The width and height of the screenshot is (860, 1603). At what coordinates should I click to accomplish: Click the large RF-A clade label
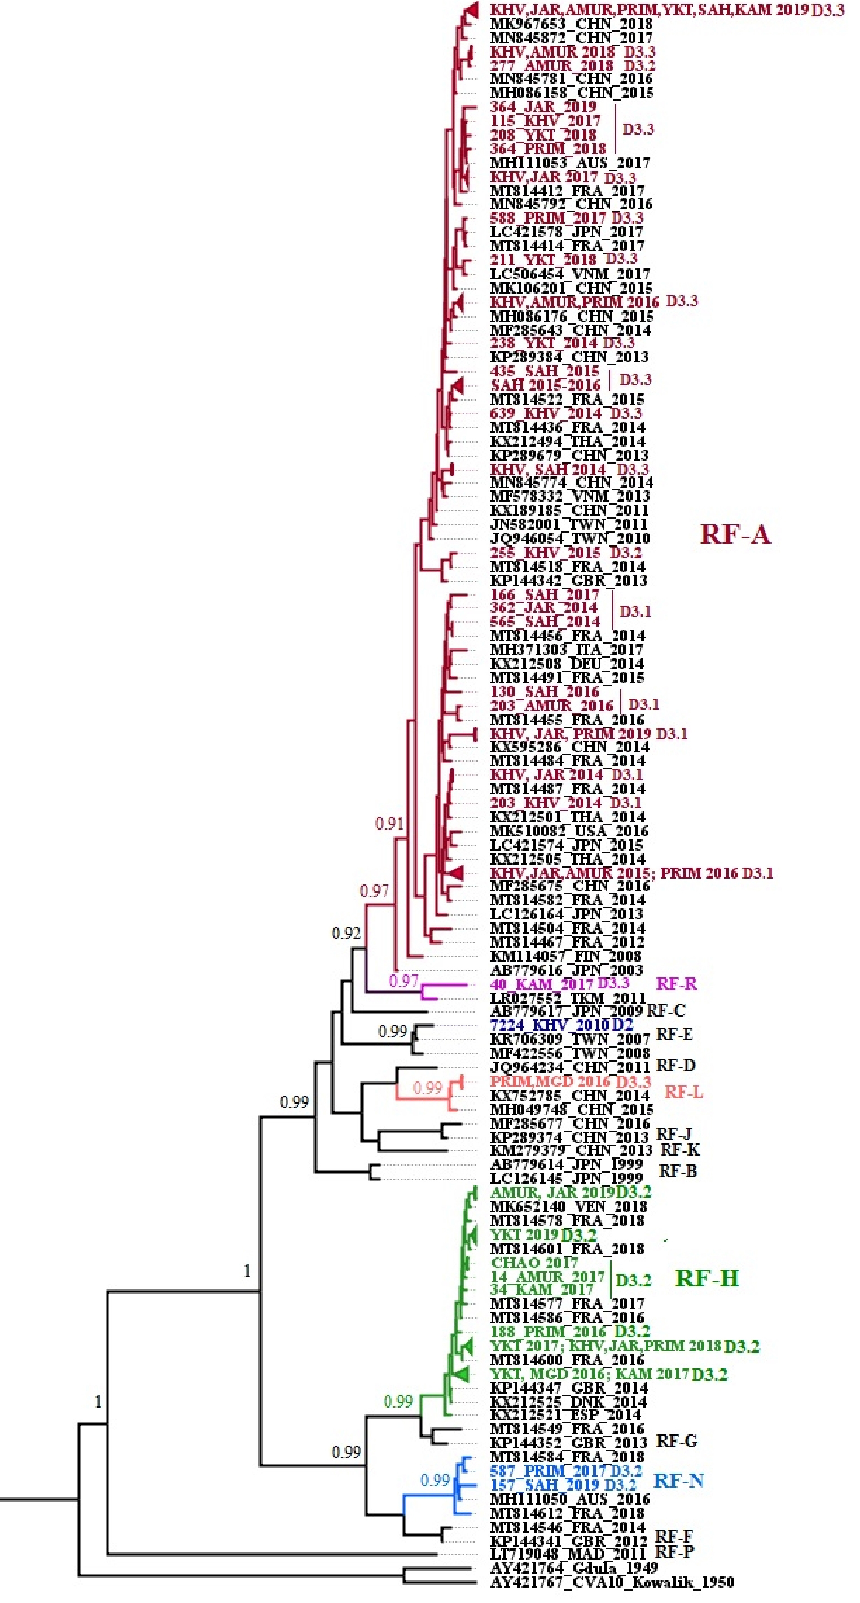coord(735,535)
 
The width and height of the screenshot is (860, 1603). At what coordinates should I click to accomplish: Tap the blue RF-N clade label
coord(678,1481)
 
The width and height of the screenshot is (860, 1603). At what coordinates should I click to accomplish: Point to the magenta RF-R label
coord(677,984)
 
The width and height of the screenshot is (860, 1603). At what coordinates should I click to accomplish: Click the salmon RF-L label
coord(684,1092)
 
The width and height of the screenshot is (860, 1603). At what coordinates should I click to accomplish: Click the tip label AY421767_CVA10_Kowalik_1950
coord(612,1581)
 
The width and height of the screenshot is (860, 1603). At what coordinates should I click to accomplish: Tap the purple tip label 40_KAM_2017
coord(542,984)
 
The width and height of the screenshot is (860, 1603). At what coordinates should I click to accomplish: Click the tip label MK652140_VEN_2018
coord(567,1206)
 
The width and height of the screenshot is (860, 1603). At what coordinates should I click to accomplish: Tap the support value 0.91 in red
coord(389,824)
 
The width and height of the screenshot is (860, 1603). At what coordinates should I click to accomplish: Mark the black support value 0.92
coord(346,933)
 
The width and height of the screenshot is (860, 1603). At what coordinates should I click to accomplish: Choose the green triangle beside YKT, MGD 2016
coord(462,1373)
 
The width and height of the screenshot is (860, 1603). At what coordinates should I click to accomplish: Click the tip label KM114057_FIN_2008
coord(565,956)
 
